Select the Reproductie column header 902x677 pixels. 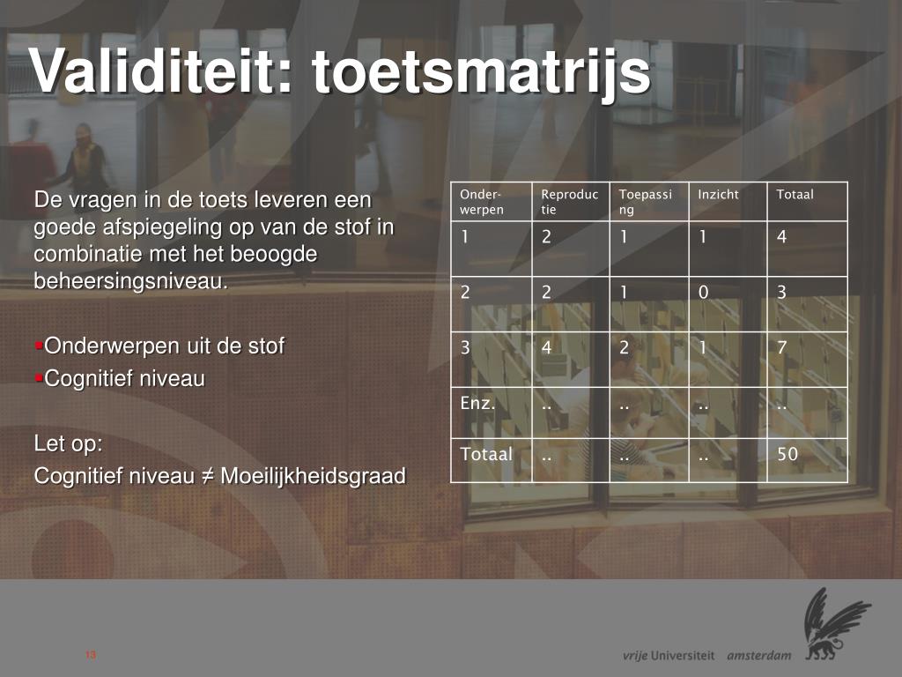tap(569, 202)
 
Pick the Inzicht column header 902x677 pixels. tap(718, 195)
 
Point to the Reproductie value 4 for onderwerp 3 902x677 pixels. tap(546, 348)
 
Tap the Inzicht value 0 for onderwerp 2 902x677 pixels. tap(703, 293)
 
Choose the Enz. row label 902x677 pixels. tap(477, 405)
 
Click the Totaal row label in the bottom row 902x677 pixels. tap(485, 455)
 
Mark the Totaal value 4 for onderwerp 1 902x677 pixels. tap(781, 237)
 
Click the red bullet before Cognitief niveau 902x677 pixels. tap(39, 378)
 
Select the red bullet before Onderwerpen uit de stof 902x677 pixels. tap(39, 345)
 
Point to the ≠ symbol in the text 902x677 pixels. tap(207, 477)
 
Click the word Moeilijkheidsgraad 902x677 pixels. tap(313, 477)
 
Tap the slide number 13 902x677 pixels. tap(91, 655)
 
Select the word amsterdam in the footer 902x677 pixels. tap(758, 656)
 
